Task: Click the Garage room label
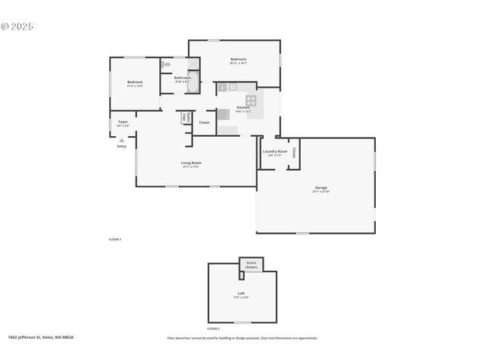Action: point(321,188)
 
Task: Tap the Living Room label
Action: point(191,163)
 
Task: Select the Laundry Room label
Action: point(275,151)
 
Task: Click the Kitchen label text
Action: point(243,107)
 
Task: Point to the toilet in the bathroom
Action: point(166,66)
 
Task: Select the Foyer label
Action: point(122,122)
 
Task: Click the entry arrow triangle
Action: point(121,140)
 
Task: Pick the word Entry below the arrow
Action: point(121,146)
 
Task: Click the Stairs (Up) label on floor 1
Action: point(184,117)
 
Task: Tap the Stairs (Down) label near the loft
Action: point(251,265)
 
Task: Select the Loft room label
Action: point(241,293)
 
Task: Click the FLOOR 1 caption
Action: point(114,239)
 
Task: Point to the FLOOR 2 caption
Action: point(214,329)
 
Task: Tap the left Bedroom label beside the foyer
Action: point(135,82)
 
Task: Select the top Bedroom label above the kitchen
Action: point(239,59)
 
